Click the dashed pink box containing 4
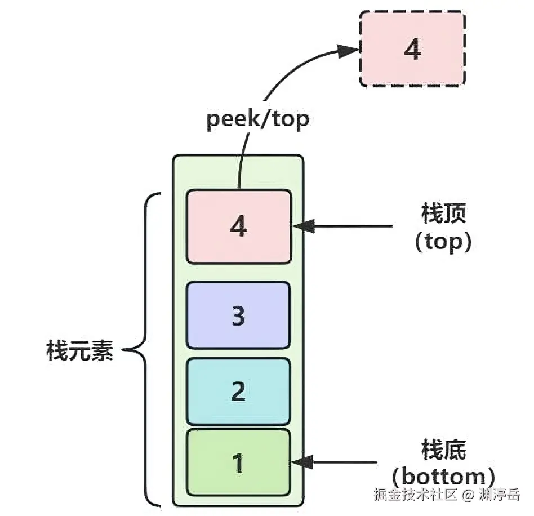click(x=412, y=49)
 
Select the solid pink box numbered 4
click(x=239, y=226)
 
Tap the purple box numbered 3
click(x=238, y=315)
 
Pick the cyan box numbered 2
click(x=238, y=391)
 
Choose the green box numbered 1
click(x=238, y=464)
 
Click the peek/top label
click(x=257, y=120)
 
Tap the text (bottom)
click(x=443, y=477)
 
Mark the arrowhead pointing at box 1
click(x=302, y=462)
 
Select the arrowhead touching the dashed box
click(x=349, y=51)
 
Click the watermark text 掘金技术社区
click(x=415, y=495)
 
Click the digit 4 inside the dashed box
click(x=412, y=50)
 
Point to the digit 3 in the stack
click(x=238, y=316)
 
